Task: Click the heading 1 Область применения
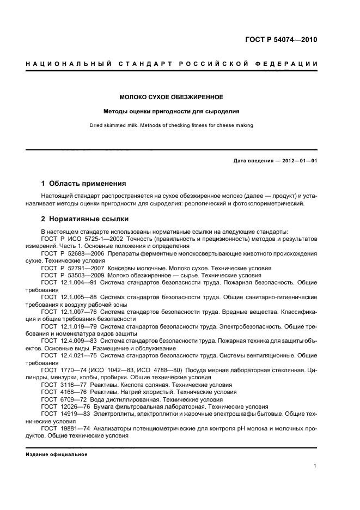point(84,184)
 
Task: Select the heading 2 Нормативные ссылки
point(85,219)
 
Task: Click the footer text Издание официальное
point(56,454)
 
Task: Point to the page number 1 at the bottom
point(315,466)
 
